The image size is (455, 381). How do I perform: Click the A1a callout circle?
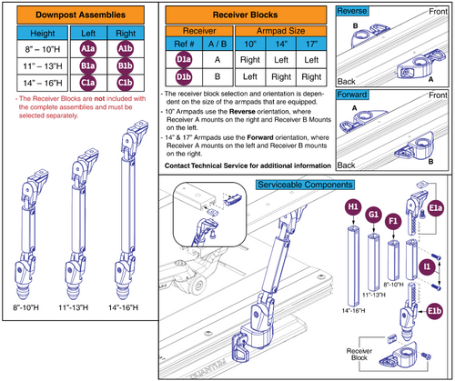90,49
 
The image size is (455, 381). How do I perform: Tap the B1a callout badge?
90,66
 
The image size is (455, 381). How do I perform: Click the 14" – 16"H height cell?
36,84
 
